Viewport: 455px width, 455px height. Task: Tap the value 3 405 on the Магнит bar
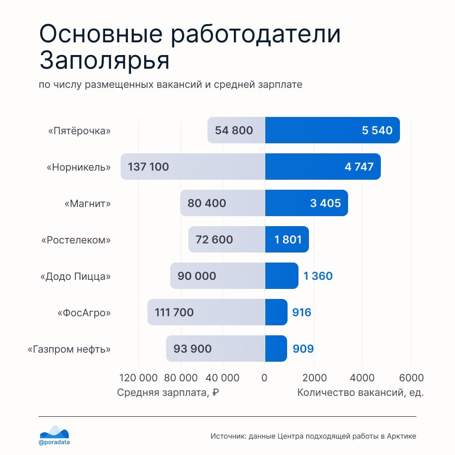click(x=325, y=203)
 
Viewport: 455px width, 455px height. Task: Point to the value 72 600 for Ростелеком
click(x=214, y=239)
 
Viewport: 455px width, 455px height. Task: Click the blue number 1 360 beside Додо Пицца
click(x=318, y=276)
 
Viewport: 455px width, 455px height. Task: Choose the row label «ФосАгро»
click(x=84, y=313)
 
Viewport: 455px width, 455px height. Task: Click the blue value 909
click(x=303, y=349)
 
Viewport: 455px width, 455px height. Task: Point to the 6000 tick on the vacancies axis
click(x=411, y=378)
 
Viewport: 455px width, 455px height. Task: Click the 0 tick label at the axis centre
click(x=265, y=378)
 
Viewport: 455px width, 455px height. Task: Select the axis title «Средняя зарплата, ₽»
click(x=168, y=393)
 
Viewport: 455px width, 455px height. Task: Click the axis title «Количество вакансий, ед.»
click(x=360, y=393)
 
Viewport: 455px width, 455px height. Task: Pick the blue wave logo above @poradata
click(x=54, y=431)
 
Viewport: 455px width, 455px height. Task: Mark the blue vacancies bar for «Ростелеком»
click(x=287, y=239)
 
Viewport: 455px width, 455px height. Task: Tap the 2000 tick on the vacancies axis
click(x=314, y=378)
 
